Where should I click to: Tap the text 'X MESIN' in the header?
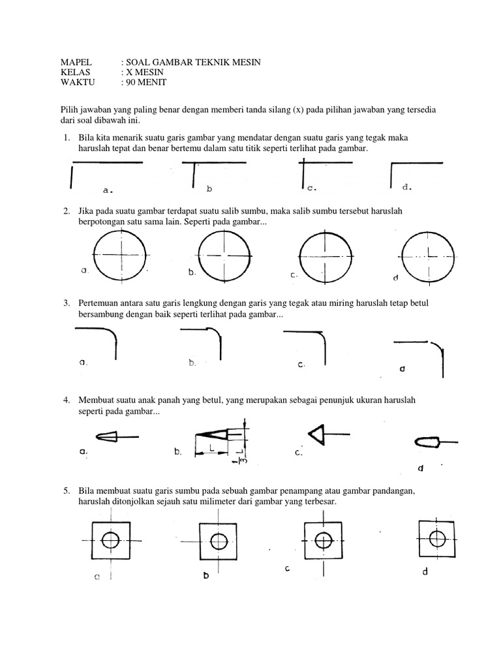point(147,72)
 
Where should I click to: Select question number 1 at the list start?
point(66,138)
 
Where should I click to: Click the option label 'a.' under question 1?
point(108,191)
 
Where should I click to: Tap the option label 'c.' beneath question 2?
point(294,275)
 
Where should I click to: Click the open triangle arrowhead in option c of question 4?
point(317,434)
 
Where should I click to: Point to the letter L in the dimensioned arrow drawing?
point(213,447)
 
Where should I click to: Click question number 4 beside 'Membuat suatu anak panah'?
point(66,399)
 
